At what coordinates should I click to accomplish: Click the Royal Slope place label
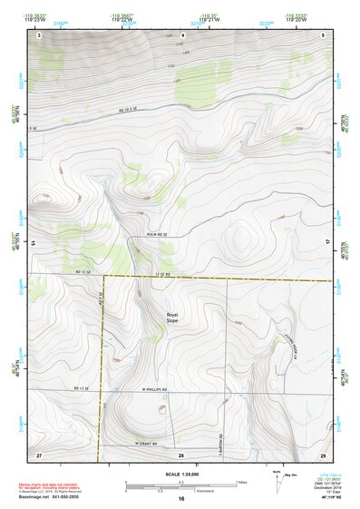[x=172, y=318]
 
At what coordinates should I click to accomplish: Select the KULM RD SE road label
[x=157, y=235]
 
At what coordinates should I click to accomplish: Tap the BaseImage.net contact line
[x=54, y=498]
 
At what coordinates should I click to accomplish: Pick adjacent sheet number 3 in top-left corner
[x=40, y=34]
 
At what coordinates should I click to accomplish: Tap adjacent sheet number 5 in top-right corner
[x=323, y=34]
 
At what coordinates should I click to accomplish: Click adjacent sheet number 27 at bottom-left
[x=39, y=454]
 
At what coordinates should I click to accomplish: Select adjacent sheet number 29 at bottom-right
[x=323, y=454]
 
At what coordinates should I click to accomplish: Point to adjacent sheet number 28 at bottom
[x=181, y=454]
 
